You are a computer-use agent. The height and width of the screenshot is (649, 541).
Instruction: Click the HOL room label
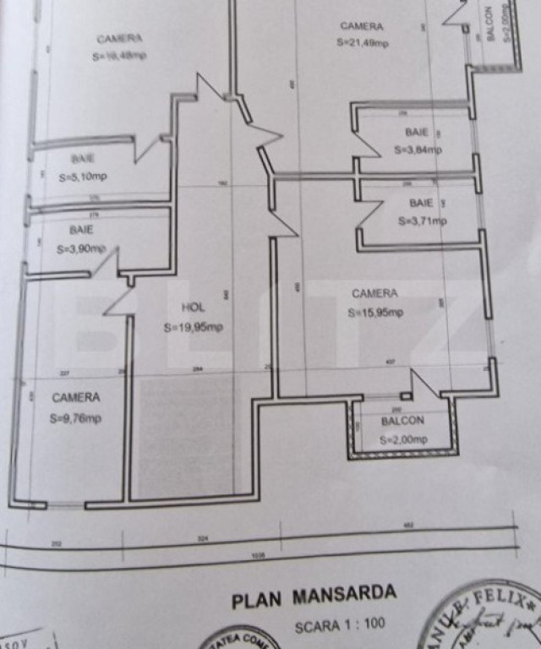coord(193,308)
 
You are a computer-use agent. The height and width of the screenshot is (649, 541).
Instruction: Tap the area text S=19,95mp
coord(194,328)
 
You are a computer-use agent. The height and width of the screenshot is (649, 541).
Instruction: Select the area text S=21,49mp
coord(363,44)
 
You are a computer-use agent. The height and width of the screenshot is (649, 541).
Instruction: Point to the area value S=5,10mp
coord(83,177)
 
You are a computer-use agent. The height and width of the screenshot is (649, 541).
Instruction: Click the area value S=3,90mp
coord(81,249)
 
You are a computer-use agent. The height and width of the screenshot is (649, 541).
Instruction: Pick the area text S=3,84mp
coord(418,150)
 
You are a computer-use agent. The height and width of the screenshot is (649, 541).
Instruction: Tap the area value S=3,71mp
coord(422,221)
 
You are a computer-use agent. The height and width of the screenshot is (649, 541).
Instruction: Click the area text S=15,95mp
coord(375,312)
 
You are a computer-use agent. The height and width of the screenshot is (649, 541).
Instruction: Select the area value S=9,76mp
coord(75,417)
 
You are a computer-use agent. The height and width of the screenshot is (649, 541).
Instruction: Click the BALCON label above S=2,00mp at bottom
coord(402,421)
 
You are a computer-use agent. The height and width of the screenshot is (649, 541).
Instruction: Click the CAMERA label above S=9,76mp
coord(75,397)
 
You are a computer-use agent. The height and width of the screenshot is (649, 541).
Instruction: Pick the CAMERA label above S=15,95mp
coord(374,293)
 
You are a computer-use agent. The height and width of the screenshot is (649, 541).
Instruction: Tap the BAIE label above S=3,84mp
coord(417,133)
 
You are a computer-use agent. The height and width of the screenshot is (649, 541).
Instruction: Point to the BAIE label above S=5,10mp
coord(82,158)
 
